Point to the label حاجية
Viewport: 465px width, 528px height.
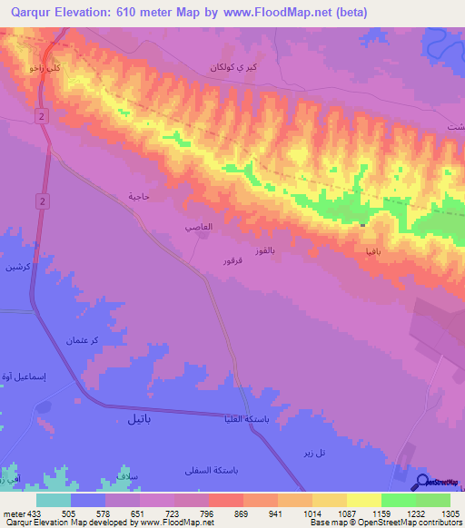[138, 196]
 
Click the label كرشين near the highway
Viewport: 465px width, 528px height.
[18, 269]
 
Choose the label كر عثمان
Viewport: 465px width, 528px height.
[81, 340]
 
